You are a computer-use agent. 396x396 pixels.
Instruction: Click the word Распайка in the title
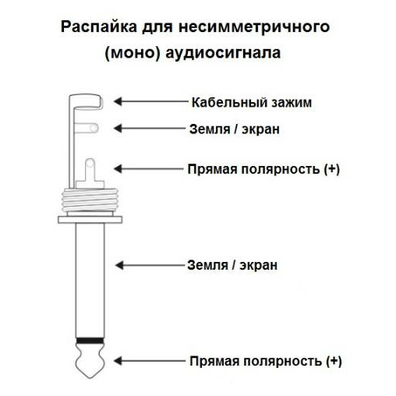tap(98, 27)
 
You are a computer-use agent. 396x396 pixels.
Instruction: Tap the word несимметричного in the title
tap(254, 27)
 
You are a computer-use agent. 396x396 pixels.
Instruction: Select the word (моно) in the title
tap(133, 53)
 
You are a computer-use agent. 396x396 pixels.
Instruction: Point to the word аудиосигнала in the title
tap(223, 53)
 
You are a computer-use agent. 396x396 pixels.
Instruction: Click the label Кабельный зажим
tap(252, 102)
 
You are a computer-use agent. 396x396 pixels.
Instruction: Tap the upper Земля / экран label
tap(235, 129)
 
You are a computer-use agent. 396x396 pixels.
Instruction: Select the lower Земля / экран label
tap(232, 265)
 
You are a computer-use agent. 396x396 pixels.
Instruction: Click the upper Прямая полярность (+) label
tap(263, 169)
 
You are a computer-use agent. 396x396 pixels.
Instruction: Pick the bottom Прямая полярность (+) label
tap(266, 361)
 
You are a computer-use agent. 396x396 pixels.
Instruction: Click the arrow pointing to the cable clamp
tap(150, 101)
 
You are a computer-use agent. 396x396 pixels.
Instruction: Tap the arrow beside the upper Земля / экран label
tap(150, 129)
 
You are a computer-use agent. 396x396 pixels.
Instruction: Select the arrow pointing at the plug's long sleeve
tap(150, 266)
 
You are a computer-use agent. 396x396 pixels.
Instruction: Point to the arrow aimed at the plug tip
tap(150, 361)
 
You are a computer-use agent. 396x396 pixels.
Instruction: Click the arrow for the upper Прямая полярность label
tap(149, 169)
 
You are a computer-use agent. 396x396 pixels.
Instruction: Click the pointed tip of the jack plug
tap(90, 377)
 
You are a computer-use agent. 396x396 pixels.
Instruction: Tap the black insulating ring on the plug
tap(90, 341)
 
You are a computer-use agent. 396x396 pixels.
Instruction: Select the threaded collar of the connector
tap(90, 200)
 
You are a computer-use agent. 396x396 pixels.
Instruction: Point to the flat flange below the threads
tap(90, 220)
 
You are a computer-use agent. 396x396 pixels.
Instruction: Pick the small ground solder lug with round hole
tap(87, 128)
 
